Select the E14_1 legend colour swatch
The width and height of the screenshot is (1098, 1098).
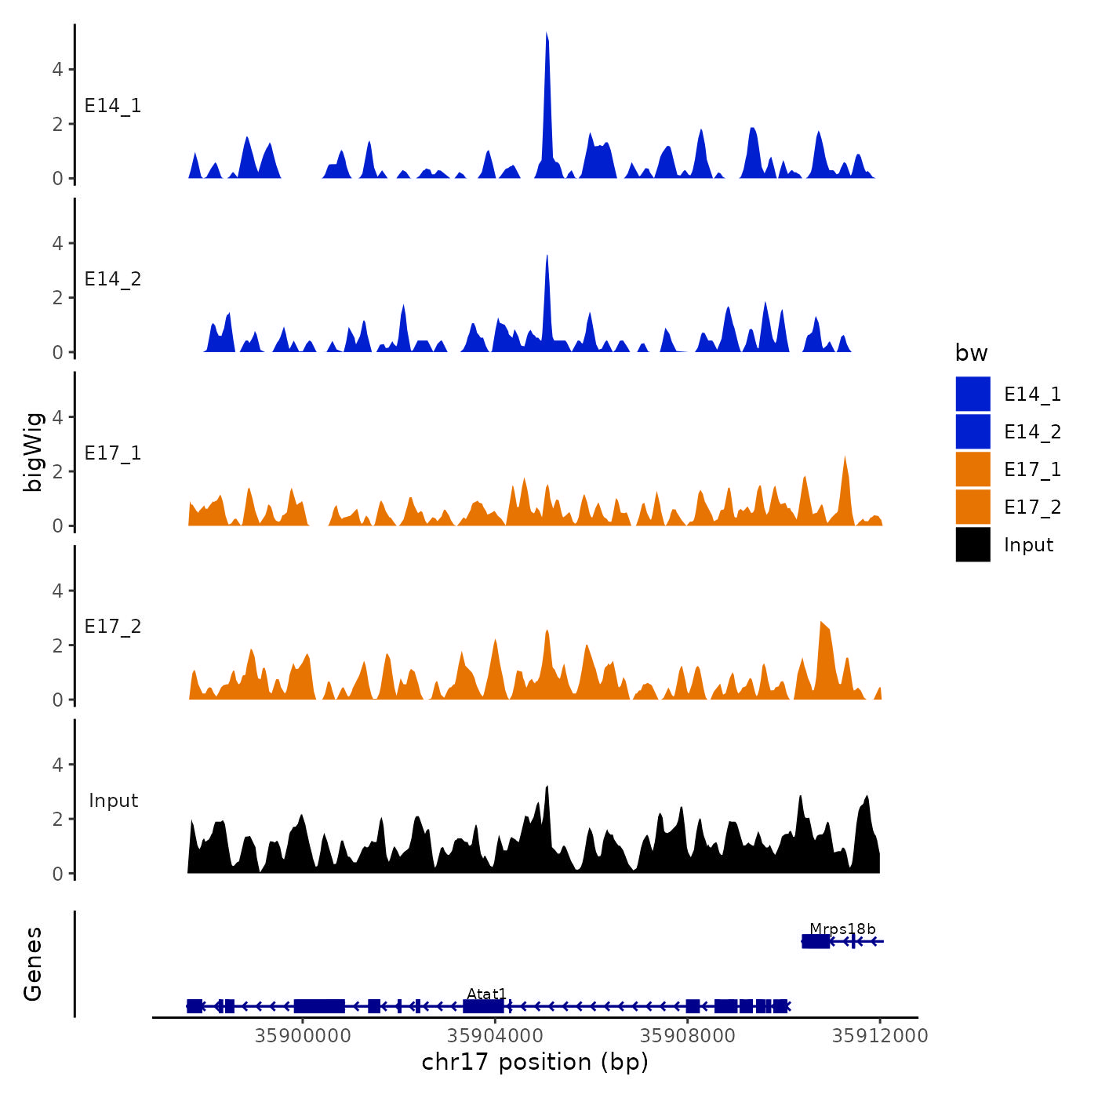pos(973,394)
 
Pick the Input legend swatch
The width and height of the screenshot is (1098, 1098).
pos(973,544)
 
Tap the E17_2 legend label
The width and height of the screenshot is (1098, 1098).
pos(1032,507)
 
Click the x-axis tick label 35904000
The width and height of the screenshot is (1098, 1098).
pos(495,1036)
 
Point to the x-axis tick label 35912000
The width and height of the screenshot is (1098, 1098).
pos(879,1036)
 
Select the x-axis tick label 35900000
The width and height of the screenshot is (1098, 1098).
pos(303,1036)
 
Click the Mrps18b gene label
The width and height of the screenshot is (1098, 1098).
pos(842,929)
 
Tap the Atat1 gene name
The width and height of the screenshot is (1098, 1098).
pos(486,994)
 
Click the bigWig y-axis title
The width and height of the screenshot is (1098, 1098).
pos(34,452)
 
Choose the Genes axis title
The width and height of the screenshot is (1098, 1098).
pos(33,964)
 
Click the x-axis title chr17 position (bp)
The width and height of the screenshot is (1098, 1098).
pos(535,1062)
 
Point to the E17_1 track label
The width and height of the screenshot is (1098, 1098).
pos(113,453)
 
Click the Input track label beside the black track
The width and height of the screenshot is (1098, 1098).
pos(113,801)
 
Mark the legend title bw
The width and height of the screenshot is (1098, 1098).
pos(971,354)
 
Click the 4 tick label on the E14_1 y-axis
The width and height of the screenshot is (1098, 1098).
pos(58,70)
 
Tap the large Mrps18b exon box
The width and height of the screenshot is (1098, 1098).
pos(816,941)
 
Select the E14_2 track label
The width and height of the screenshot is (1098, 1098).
pos(113,279)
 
